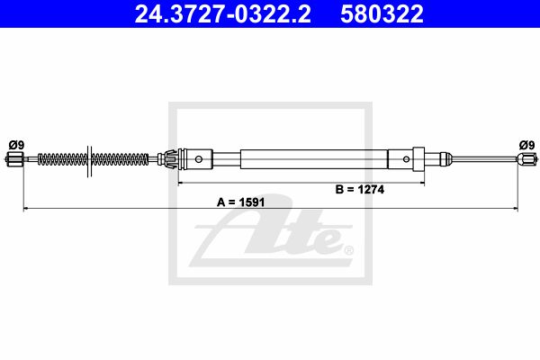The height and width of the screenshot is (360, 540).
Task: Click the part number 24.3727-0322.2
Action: [x=222, y=13]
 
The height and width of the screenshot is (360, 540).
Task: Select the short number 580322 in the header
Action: [x=382, y=13]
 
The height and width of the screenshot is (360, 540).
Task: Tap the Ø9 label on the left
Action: [x=16, y=145]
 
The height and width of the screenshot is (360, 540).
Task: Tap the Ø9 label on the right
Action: [x=526, y=145]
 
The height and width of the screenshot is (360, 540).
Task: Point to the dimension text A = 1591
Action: [x=240, y=202]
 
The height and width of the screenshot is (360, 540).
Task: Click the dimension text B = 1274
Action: [x=359, y=189]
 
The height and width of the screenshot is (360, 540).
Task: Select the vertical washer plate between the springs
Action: [x=89, y=161]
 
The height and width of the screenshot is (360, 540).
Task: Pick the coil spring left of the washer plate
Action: [x=62, y=159]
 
